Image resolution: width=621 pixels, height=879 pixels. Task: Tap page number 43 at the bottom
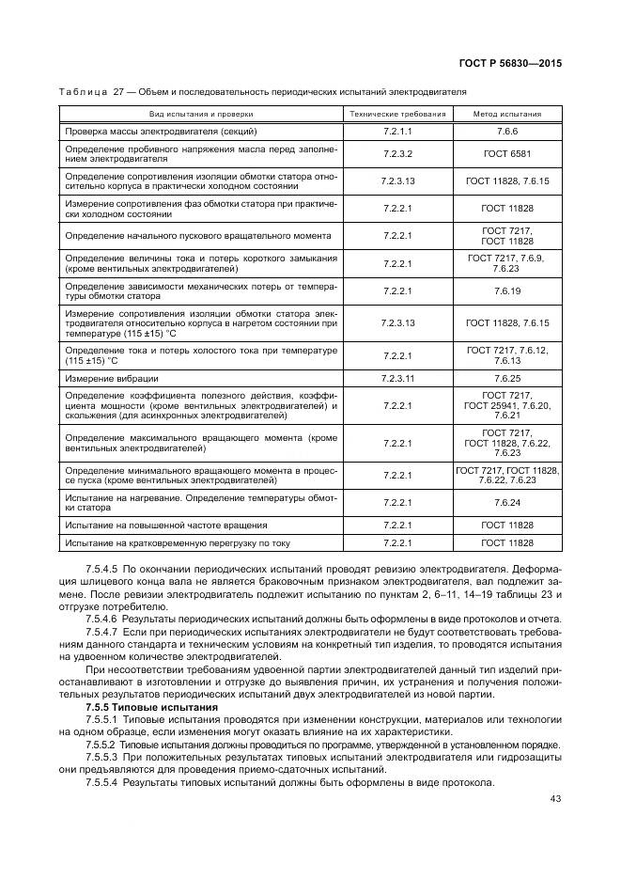554,799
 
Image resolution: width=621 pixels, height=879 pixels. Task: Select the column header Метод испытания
507,113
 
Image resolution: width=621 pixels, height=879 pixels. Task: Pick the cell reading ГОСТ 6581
507,153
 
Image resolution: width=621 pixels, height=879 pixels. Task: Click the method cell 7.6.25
507,378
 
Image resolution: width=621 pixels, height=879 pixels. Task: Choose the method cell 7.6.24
507,503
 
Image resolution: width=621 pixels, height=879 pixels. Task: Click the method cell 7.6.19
507,291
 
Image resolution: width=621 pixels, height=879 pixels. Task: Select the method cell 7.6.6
507,131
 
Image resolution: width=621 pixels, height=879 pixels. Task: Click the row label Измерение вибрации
104,378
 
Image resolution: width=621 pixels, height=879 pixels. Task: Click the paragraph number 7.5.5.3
101,757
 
